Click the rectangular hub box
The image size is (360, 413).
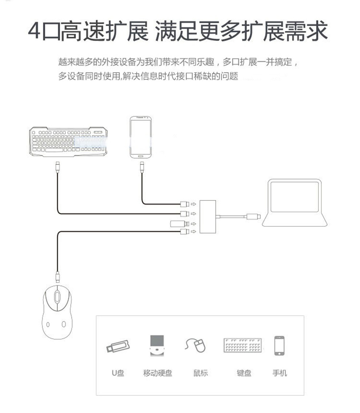pyautogui.click(x=208, y=217)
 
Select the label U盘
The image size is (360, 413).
pyautogui.click(x=118, y=373)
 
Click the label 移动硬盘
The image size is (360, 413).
pyautogui.click(x=157, y=373)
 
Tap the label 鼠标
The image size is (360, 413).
pyautogui.click(x=200, y=373)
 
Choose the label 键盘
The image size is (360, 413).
pyautogui.click(x=244, y=373)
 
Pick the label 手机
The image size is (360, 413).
pyautogui.click(x=280, y=373)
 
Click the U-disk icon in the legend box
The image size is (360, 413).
pyautogui.click(x=118, y=346)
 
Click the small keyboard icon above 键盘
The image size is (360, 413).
pyautogui.click(x=243, y=345)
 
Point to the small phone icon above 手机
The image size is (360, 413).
pyautogui.click(x=279, y=345)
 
